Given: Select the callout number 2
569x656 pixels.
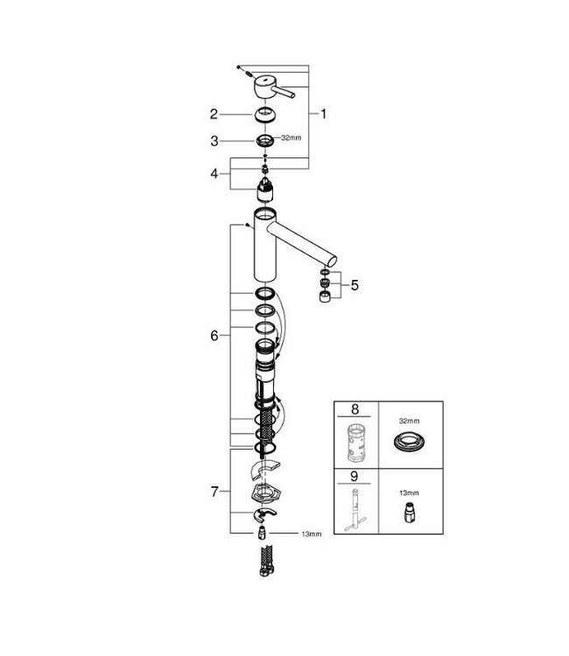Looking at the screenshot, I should [213, 113].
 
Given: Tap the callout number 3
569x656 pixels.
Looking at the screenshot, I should [213, 139].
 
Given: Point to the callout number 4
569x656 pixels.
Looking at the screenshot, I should [213, 173].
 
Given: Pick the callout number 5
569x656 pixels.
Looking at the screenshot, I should [354, 284].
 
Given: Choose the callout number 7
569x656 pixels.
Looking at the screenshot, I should [213, 492].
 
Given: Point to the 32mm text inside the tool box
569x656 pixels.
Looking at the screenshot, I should [410, 419].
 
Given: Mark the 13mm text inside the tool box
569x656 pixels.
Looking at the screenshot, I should [410, 492].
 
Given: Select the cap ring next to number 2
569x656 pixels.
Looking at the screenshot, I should [264, 116].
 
